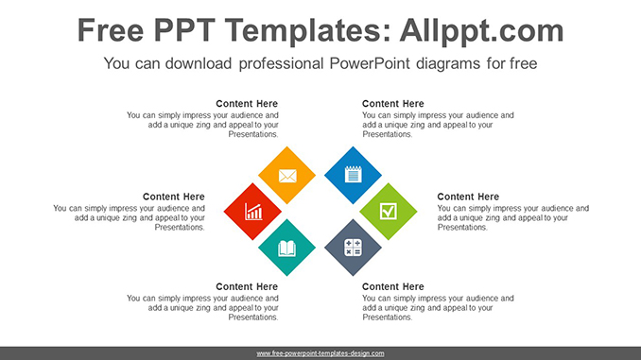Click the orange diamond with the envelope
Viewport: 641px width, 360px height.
tap(287, 175)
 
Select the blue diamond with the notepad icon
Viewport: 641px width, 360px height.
tap(353, 175)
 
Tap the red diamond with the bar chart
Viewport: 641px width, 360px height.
tap(253, 211)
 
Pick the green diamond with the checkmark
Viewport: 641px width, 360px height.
tap(389, 211)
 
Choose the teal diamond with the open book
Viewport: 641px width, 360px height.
tap(287, 248)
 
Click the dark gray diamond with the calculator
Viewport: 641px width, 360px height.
tap(353, 248)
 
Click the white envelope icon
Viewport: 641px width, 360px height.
tap(287, 175)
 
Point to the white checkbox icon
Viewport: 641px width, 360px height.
tap(389, 211)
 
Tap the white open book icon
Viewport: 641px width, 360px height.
tap(287, 248)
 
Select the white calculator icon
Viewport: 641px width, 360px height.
tap(353, 248)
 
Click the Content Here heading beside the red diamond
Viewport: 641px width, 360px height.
tap(173, 197)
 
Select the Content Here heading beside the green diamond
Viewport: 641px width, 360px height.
tap(468, 197)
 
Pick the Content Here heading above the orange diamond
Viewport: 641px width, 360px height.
tap(247, 104)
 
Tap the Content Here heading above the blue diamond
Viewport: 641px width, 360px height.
tap(393, 104)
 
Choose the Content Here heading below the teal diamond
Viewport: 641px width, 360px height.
tap(247, 286)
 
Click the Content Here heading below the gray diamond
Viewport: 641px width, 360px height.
tap(393, 286)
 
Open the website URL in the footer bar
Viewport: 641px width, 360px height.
tap(320, 352)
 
